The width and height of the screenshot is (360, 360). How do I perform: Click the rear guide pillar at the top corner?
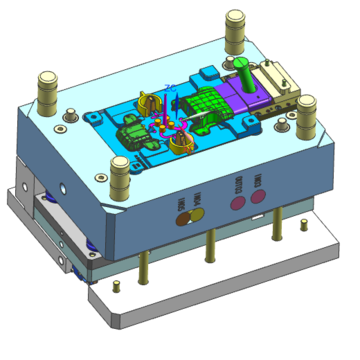236,30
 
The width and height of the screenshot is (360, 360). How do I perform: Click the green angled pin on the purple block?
245,73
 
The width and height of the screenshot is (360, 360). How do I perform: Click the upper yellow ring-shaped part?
150,103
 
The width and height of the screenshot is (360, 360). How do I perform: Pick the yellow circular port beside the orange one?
198,212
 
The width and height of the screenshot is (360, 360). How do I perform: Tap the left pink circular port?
239,203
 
